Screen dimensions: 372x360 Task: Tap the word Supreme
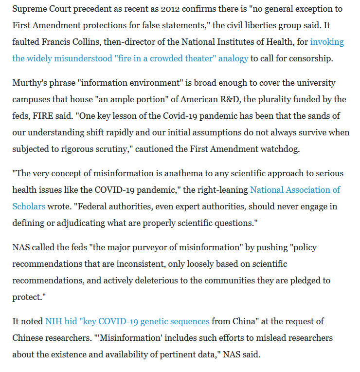tap(29, 9)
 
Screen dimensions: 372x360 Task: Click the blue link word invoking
tap(327, 42)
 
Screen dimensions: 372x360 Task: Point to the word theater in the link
tap(180, 58)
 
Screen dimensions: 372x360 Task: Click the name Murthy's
tap(29, 83)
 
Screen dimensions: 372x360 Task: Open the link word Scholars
tap(29, 206)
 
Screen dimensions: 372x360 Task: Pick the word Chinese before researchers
tap(29, 338)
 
